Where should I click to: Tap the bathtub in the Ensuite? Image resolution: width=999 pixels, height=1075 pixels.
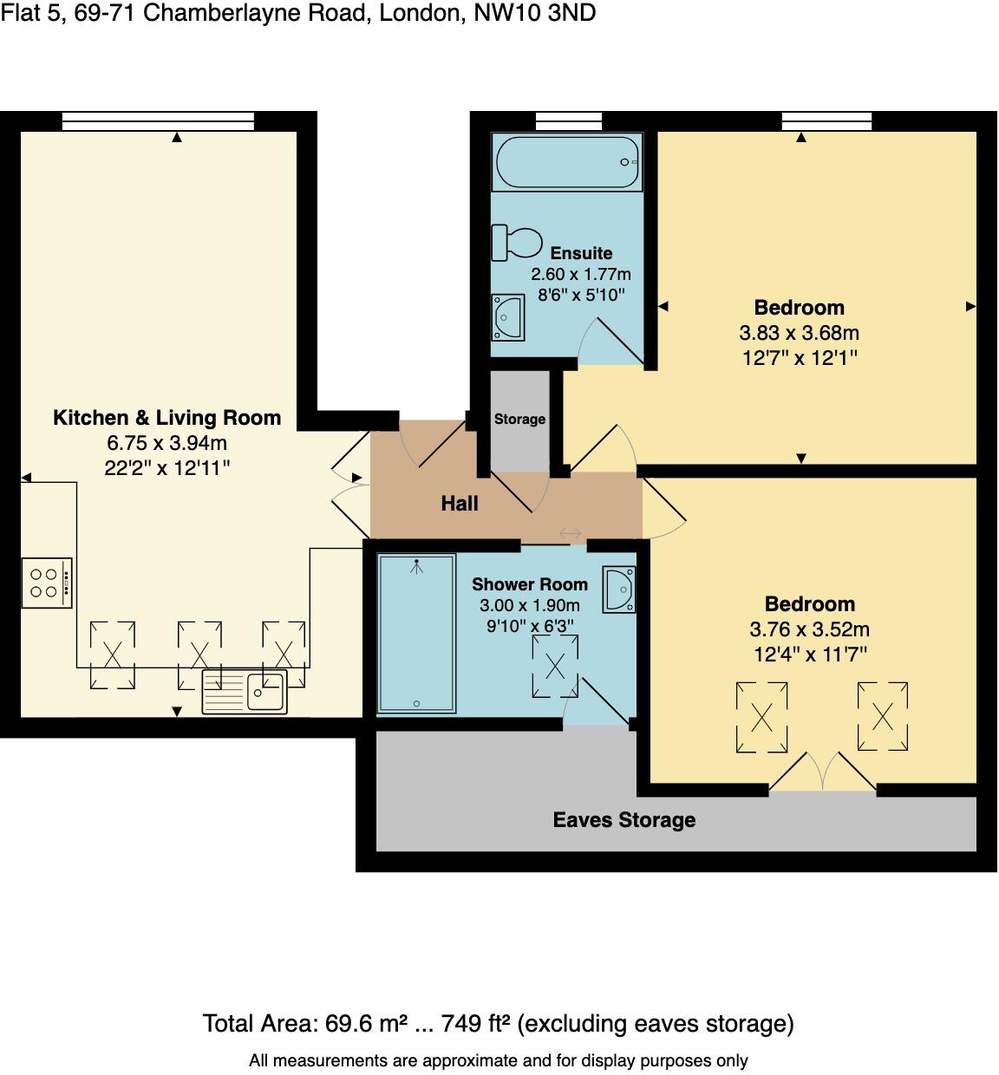[567, 162]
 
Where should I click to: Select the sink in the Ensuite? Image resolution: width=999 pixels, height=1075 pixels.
[507, 317]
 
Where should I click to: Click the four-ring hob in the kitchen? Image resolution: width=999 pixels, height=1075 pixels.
[46, 583]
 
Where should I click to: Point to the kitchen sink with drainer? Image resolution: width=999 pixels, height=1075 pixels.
[245, 692]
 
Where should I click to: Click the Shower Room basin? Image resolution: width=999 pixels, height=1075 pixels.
[620, 590]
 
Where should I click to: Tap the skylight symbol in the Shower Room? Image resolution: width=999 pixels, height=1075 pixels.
[555, 667]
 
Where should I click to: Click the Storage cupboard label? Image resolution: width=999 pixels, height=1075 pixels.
[519, 419]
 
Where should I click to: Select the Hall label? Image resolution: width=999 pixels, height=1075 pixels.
[460, 504]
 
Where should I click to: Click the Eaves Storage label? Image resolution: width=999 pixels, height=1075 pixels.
[624, 820]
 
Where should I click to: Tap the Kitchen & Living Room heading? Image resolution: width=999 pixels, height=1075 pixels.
[167, 418]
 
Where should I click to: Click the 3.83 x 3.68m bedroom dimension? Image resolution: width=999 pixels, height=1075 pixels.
[799, 333]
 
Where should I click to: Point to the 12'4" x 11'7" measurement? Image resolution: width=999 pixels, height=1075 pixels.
[809, 655]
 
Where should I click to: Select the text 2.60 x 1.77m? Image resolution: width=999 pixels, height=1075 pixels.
[581, 275]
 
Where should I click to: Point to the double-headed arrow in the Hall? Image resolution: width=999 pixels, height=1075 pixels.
[571, 534]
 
